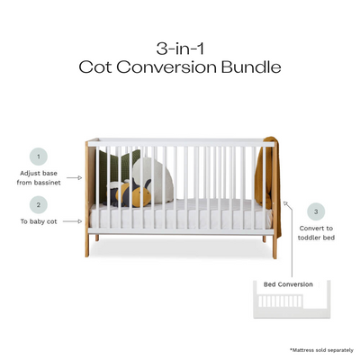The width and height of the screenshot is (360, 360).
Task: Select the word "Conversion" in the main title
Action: click(176, 67)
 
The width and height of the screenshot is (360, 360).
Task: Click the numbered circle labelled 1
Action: click(38, 156)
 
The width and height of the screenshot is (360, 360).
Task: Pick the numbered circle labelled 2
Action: click(38, 203)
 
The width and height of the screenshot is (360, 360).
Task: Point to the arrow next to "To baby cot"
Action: click(81, 220)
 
